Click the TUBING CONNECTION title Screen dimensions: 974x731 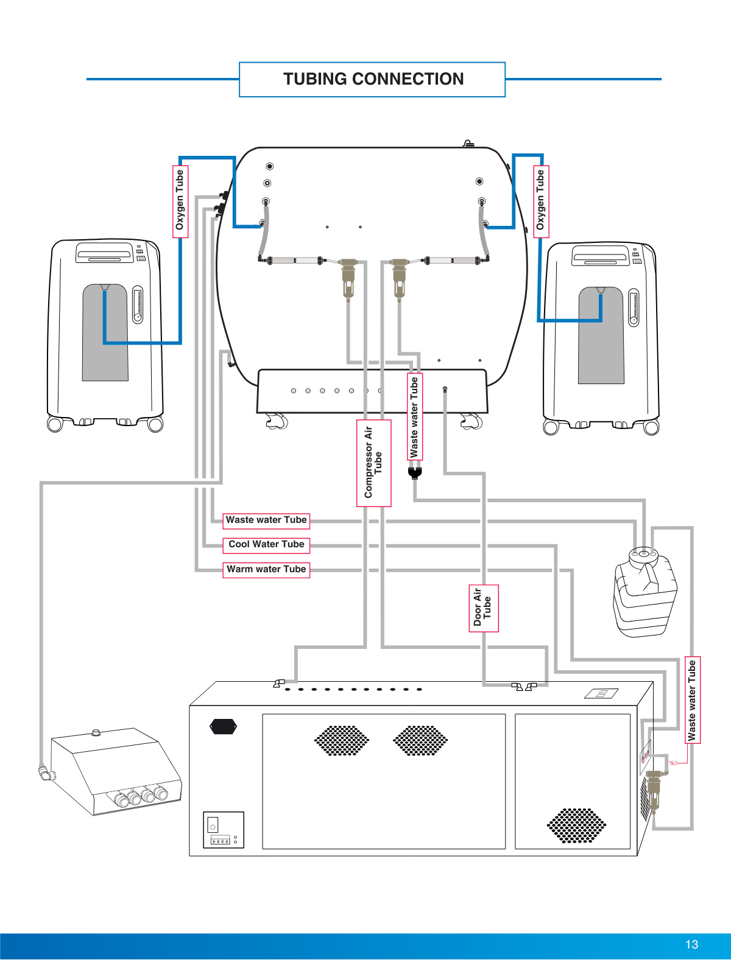pyautogui.click(x=373, y=79)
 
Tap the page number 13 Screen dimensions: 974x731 pyautogui.click(x=691, y=944)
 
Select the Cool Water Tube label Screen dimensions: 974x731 pyautogui.click(x=266, y=545)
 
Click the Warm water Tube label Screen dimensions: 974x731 pyautogui.click(x=266, y=570)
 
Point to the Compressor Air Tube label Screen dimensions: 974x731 pyautogui.click(x=373, y=463)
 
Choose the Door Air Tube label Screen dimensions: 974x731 pyautogui.click(x=483, y=608)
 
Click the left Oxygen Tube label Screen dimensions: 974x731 pyautogui.click(x=180, y=201)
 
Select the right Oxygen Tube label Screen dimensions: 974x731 pyautogui.click(x=541, y=201)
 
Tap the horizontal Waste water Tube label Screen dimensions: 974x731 pyautogui.click(x=266, y=520)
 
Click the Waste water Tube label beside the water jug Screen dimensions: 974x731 pyautogui.click(x=693, y=700)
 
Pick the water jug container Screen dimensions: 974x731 pyautogui.click(x=644, y=594)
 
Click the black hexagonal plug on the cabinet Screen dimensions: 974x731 pyautogui.click(x=223, y=726)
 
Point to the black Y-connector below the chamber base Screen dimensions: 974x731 pyautogui.click(x=415, y=472)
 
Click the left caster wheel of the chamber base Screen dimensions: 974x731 pyautogui.click(x=277, y=421)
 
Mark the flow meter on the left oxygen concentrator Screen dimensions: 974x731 pyautogui.click(x=138, y=304)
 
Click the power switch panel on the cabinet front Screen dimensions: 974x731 pyautogui.click(x=223, y=829)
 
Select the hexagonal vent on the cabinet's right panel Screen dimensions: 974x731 pyautogui.click(x=576, y=825)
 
